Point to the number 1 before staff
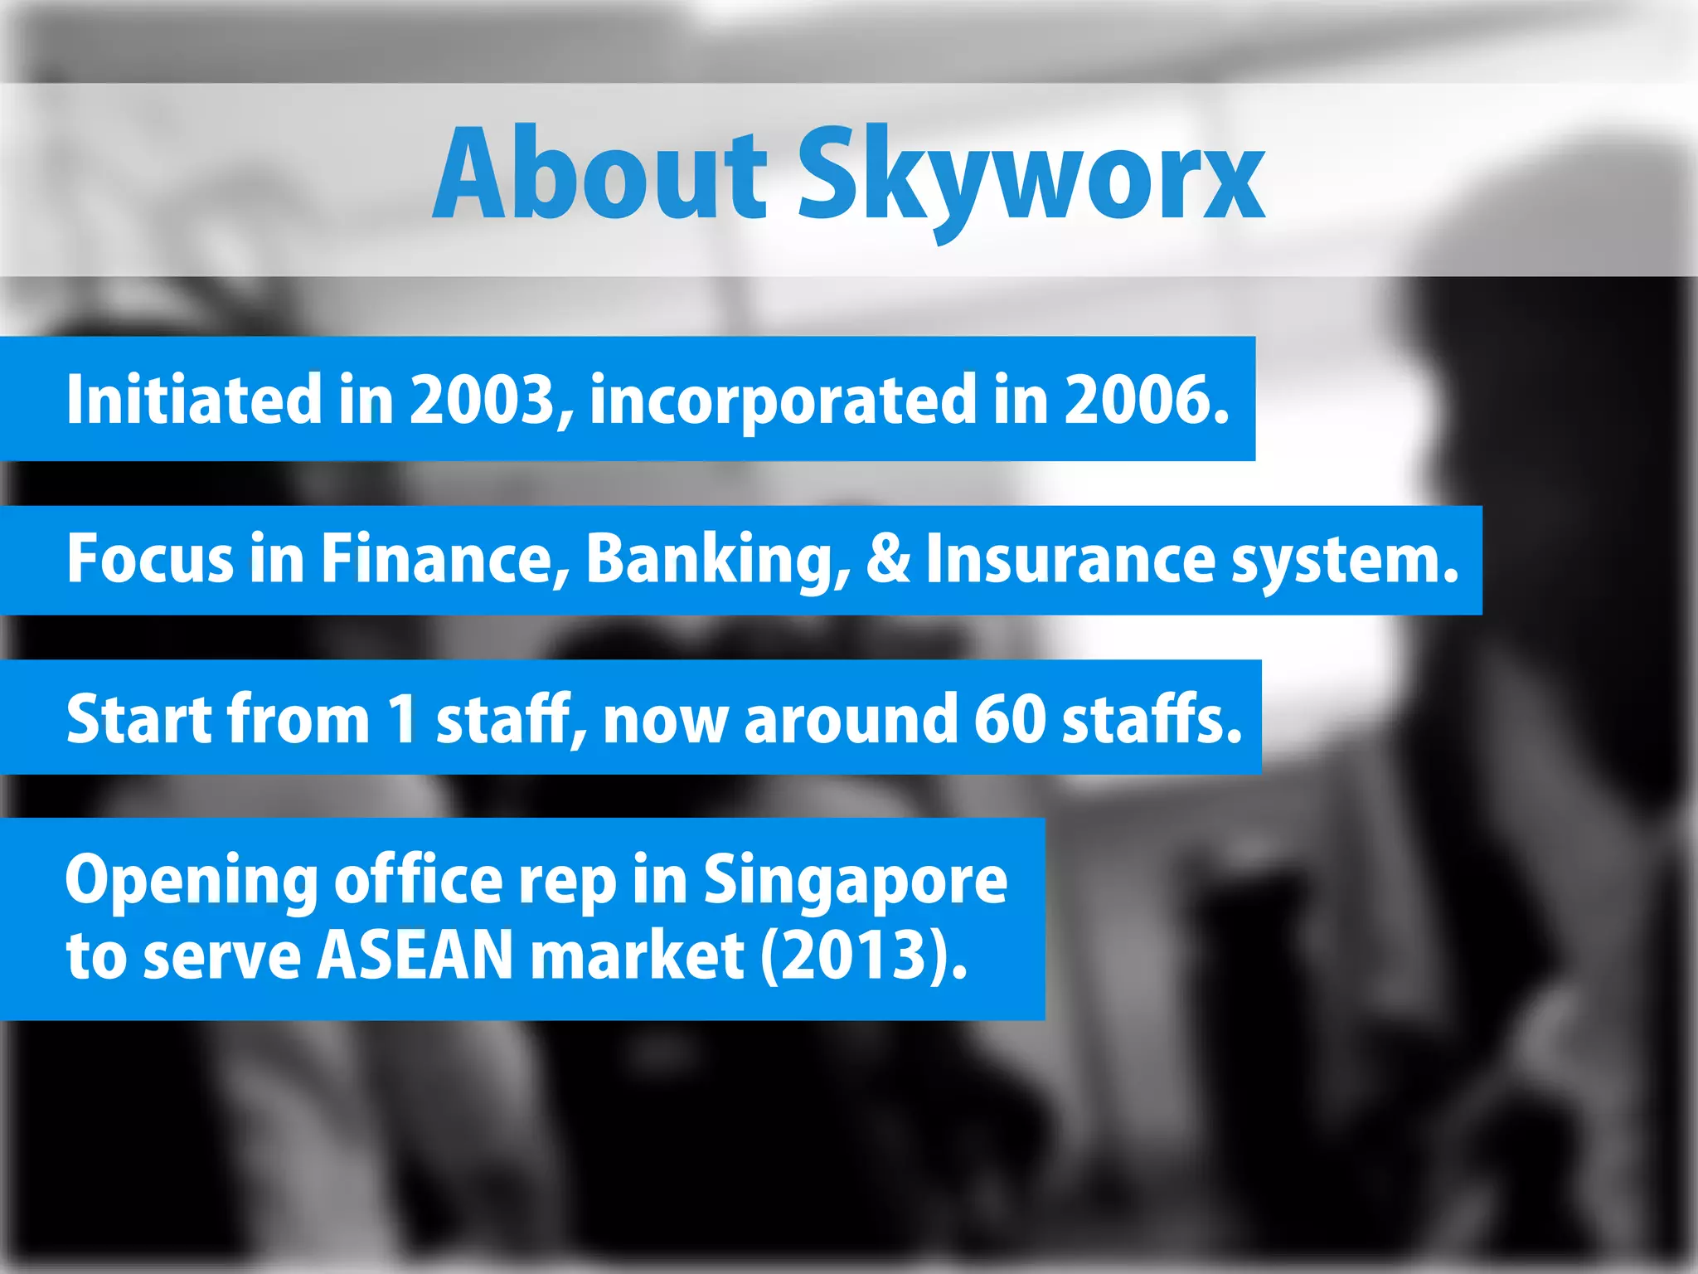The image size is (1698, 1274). tap(403, 718)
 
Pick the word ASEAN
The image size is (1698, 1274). tap(415, 955)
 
